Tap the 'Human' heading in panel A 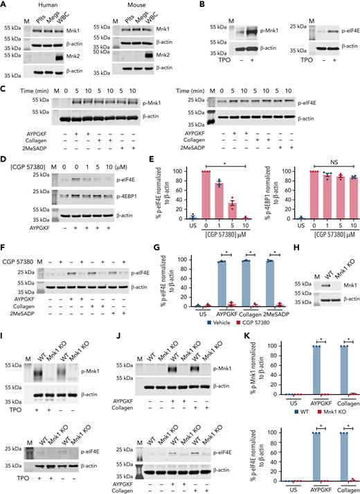46,6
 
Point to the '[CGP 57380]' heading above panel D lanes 29,165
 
